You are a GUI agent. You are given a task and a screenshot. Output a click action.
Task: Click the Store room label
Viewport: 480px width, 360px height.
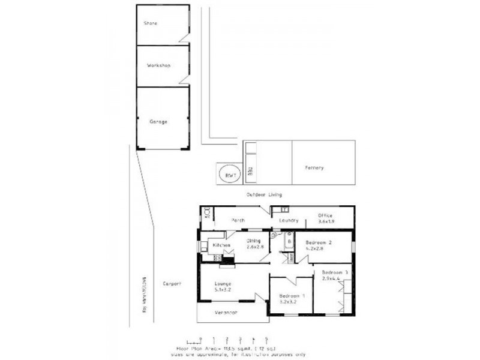click(150, 23)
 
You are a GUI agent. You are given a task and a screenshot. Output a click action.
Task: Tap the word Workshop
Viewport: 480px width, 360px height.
click(159, 65)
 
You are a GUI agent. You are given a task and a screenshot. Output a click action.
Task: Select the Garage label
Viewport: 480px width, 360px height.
click(158, 121)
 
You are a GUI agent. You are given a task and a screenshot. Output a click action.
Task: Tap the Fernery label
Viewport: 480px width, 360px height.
click(314, 167)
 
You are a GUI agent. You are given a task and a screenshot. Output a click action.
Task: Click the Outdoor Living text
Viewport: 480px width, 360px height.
click(264, 195)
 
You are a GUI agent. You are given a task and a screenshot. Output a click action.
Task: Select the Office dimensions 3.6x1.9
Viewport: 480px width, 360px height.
click(325, 221)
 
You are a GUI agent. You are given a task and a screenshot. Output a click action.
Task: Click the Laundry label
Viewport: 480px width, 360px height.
click(289, 220)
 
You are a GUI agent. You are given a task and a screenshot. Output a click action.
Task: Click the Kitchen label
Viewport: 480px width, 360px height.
click(219, 245)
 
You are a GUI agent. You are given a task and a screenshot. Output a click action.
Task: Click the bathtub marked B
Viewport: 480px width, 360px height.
click(289, 242)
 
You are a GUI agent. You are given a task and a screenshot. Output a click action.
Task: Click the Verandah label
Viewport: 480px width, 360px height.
click(226, 313)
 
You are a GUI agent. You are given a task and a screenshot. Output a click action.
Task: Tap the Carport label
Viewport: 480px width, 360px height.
click(172, 283)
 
